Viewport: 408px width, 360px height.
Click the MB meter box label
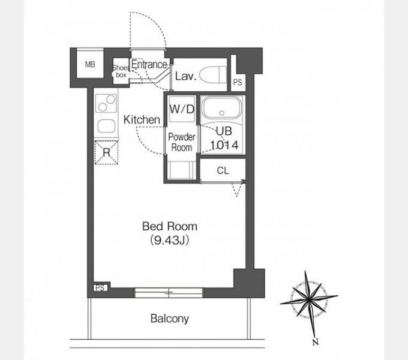tap(90, 64)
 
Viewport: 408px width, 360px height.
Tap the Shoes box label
tap(121, 71)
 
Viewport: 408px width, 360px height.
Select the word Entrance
tap(149, 64)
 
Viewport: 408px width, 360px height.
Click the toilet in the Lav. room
tap(214, 75)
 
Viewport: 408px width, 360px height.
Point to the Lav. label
tap(185, 76)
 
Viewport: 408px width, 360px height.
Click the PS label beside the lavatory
tap(238, 82)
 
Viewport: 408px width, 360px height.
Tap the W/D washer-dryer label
tap(182, 109)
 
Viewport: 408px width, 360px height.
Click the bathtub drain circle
tap(221, 113)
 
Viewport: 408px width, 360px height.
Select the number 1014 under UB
tap(224, 145)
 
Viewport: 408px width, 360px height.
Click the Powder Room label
tap(182, 142)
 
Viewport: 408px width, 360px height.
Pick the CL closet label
tap(223, 170)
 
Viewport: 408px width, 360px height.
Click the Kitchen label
tap(142, 119)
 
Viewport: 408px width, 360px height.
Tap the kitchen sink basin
tap(106, 126)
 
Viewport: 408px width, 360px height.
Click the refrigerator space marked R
tap(106, 152)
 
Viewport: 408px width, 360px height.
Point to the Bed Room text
tap(170, 226)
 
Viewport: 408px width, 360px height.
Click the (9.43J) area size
tap(170, 241)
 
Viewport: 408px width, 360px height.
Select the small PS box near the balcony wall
tap(100, 287)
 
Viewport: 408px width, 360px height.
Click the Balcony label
tap(170, 319)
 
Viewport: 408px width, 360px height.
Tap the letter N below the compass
tap(316, 341)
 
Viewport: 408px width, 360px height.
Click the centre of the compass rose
tap(309, 300)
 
